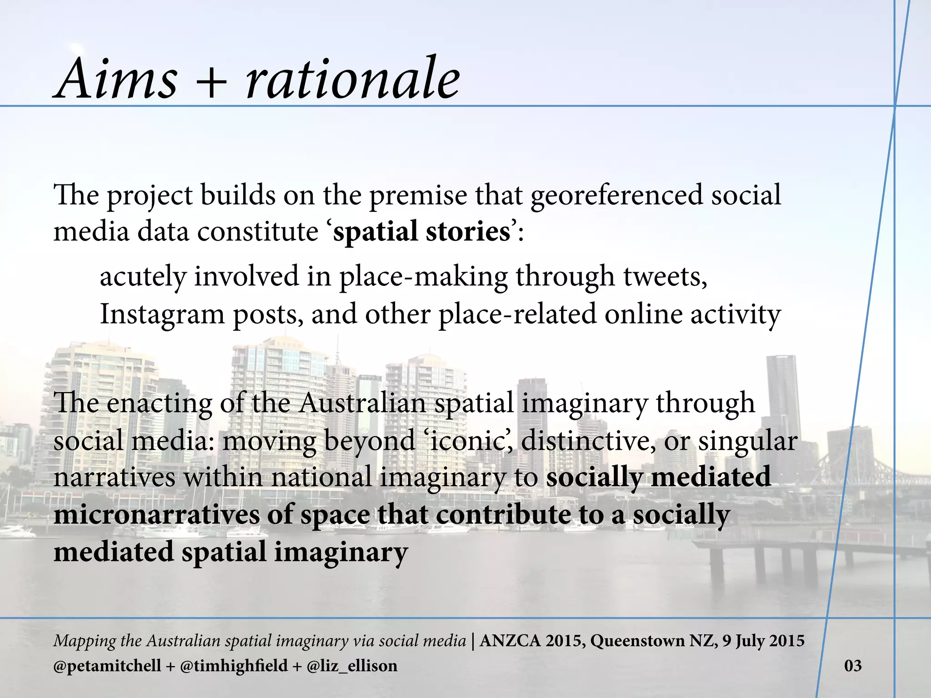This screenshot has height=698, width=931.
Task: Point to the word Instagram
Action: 162,315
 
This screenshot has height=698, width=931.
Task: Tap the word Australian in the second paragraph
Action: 362,403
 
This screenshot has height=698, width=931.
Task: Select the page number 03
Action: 853,666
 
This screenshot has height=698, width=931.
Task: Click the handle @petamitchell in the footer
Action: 107,666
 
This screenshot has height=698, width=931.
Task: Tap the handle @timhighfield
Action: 234,666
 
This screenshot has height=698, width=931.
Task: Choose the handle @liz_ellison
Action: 352,666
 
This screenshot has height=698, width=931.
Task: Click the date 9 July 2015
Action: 763,641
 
